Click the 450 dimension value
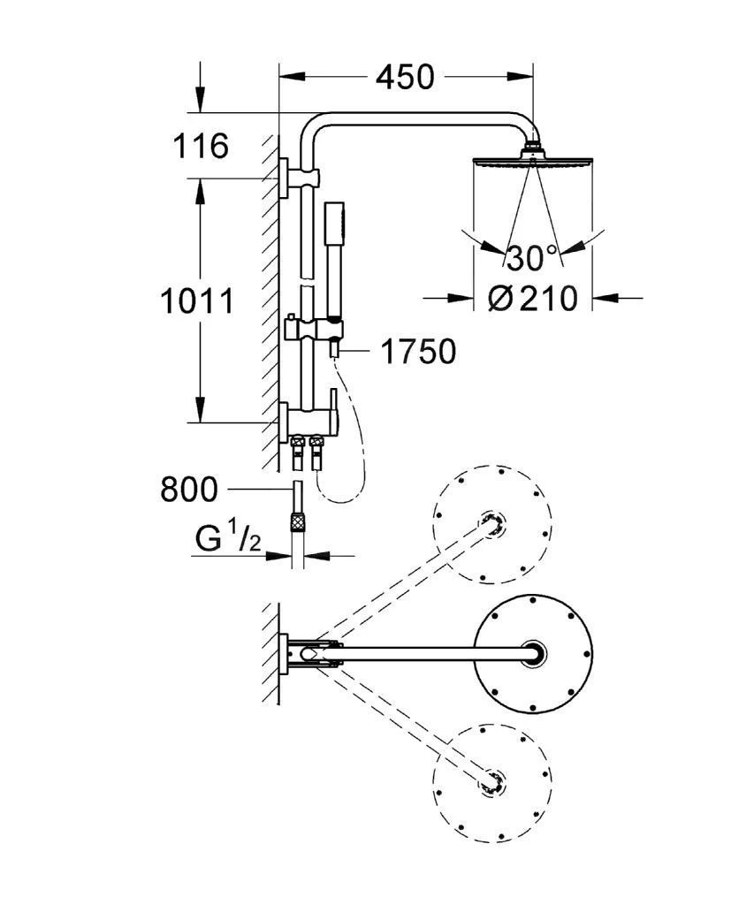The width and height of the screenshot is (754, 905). (x=405, y=78)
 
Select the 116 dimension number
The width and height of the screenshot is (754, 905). (x=200, y=146)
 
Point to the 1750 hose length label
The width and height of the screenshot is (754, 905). (x=418, y=353)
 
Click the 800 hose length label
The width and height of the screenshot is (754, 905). (x=188, y=489)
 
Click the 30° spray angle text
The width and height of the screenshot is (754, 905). (x=533, y=259)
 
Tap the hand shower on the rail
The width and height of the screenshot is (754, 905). (x=334, y=256)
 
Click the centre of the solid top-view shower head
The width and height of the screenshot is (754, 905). (x=535, y=653)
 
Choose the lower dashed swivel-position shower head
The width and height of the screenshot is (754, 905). (x=492, y=781)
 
